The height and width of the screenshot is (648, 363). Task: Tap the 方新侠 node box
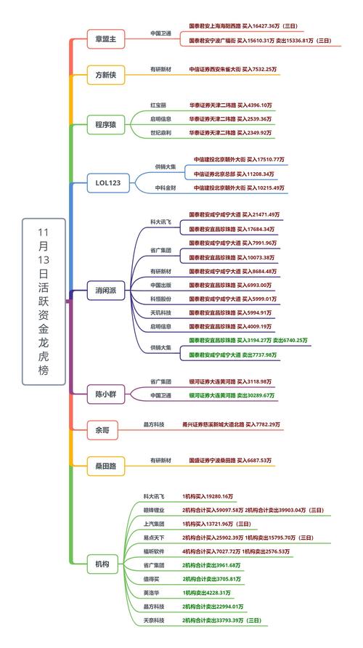point(105,75)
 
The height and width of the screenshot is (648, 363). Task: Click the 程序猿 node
point(105,123)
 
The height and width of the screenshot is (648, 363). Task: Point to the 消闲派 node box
point(105,291)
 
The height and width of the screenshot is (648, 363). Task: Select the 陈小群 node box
point(105,393)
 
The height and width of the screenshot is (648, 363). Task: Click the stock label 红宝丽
point(158,105)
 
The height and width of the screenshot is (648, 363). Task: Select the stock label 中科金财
point(163,187)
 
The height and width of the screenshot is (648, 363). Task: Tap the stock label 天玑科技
point(161,312)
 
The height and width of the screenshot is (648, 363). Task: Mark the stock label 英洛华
point(152,593)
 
